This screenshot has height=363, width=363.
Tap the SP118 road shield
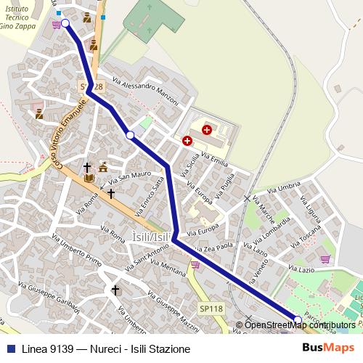click(x=211, y=309)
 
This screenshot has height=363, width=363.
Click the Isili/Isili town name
click(x=152, y=237)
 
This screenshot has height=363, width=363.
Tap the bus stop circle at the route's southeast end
click(x=298, y=319)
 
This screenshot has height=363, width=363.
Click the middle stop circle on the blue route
click(x=130, y=135)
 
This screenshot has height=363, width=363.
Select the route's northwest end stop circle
click(x=65, y=23)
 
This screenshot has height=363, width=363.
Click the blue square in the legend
click(x=9, y=348)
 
